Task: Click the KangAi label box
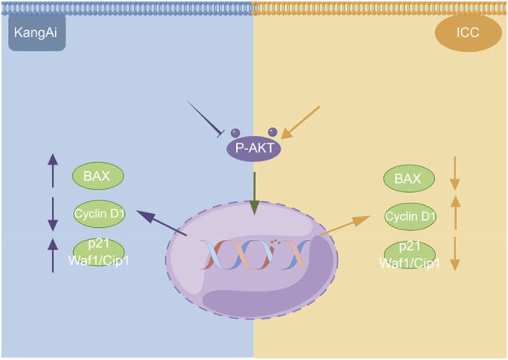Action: pyautogui.click(x=37, y=36)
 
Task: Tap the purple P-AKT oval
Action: pyautogui.click(x=253, y=148)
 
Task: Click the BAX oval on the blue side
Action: pyautogui.click(x=97, y=175)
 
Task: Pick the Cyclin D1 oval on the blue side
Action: pyautogui.click(x=97, y=215)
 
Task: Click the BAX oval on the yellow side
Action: pyautogui.click(x=407, y=177)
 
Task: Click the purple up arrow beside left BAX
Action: pyautogui.click(x=53, y=171)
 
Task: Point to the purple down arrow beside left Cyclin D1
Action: pyautogui.click(x=53, y=214)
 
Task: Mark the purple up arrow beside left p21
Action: pyautogui.click(x=53, y=254)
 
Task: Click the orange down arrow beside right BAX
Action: pyautogui.click(x=455, y=175)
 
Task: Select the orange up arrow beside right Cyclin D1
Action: pyautogui.click(x=455, y=213)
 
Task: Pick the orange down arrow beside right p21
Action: pyautogui.click(x=455, y=254)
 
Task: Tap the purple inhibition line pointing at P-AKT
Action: pyautogui.click(x=206, y=117)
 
